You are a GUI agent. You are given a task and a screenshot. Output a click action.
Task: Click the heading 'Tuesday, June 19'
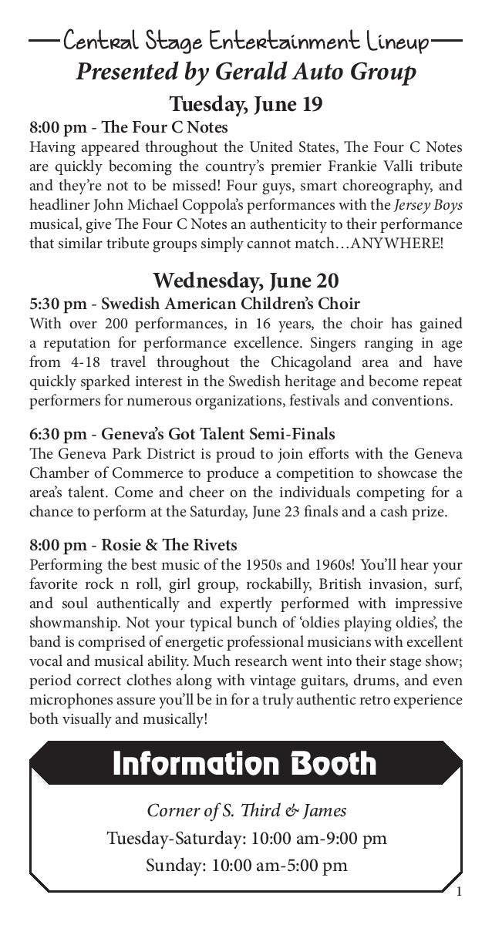tap(246, 103)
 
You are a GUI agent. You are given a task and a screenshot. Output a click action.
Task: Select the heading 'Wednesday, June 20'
tap(246, 280)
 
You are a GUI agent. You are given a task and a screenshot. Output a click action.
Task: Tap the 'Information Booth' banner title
tap(244, 764)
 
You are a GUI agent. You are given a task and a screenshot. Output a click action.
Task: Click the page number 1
tap(459, 893)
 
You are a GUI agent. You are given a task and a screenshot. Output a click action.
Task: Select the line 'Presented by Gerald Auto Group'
tap(246, 72)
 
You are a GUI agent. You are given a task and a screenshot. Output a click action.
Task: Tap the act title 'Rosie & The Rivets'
tap(169, 546)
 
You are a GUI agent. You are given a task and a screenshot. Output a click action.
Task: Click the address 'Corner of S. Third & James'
tap(246, 810)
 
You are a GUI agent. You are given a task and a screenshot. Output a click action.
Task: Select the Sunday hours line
tap(246, 865)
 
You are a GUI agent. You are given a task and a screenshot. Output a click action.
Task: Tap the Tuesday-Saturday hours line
tap(246, 838)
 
